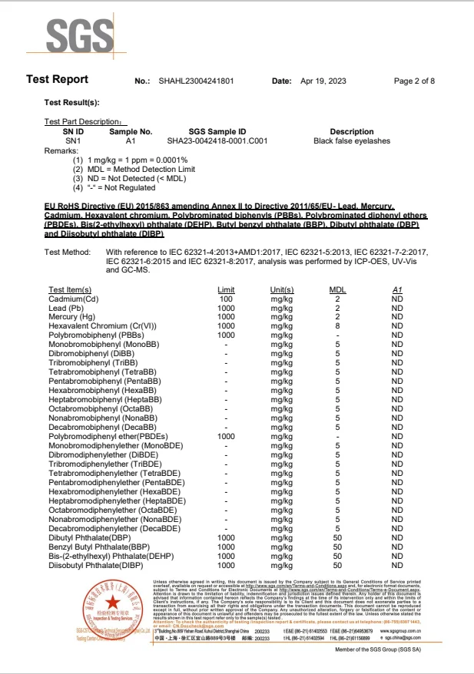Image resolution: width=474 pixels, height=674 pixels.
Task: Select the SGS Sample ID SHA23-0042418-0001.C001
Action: pos(217,141)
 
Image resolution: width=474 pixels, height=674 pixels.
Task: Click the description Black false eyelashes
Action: pos(352,141)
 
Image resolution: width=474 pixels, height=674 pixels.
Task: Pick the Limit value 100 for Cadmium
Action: pos(226,299)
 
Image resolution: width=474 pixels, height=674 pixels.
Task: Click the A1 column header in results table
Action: pos(397,289)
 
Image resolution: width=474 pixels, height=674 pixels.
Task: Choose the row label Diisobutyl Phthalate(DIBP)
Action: pos(96,565)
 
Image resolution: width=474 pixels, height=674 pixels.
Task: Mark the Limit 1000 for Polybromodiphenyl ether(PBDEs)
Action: pos(226,435)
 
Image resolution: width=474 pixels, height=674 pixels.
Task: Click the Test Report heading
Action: pos(58,80)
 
